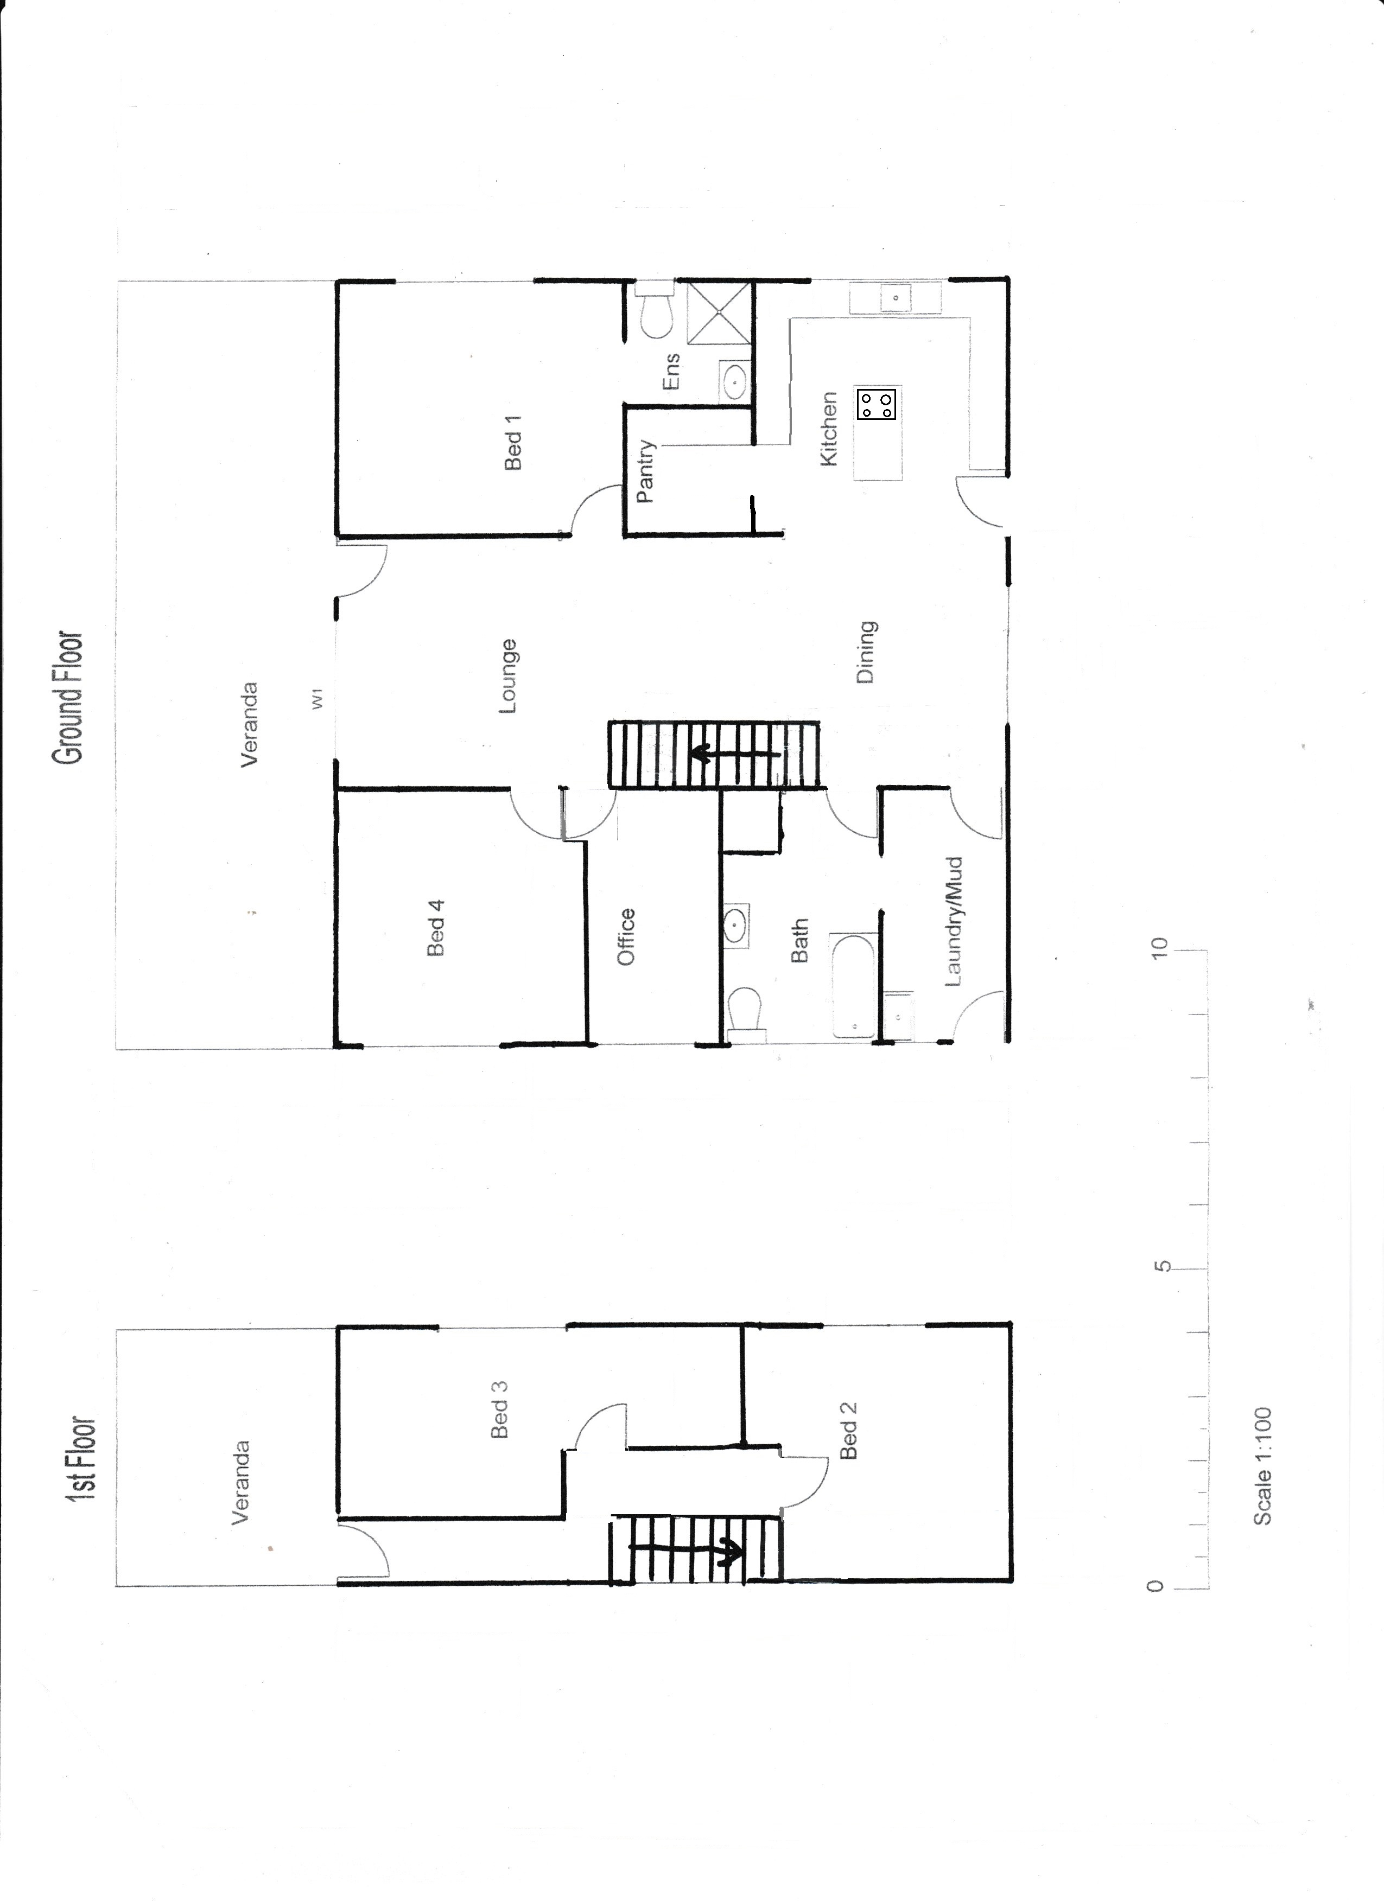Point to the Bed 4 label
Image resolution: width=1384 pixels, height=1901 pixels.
[435, 927]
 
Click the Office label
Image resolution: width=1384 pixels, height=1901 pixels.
[626, 936]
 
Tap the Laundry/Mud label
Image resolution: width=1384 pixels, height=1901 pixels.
[954, 921]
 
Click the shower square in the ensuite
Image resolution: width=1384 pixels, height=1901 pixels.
[719, 312]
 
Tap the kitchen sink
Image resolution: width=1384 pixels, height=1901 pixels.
[896, 297]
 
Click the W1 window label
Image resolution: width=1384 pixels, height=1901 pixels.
[318, 701]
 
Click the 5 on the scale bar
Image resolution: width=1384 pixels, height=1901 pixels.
[1161, 1289]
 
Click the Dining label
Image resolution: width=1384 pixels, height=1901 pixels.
[866, 651]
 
